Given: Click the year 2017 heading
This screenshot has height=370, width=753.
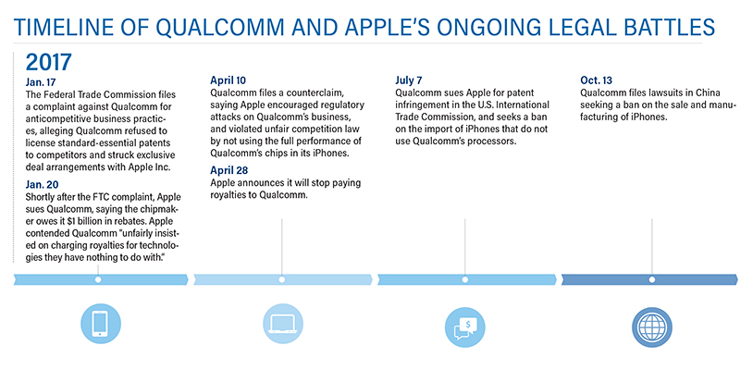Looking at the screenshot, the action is coord(48,62).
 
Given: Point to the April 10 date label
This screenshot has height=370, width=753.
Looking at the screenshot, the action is coord(228,80).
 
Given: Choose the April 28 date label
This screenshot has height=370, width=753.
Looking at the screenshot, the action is coord(229,171).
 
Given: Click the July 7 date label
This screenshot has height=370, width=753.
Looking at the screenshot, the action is coord(409,80).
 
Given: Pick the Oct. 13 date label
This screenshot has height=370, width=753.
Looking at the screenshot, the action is coord(596,80).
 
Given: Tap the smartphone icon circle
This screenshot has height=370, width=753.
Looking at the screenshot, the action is coord(101,324).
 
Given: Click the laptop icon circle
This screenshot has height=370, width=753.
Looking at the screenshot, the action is coord(283,324).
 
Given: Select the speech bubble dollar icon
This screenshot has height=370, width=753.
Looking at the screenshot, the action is coord(465,327).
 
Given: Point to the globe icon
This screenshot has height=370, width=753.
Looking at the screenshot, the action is coord(651,327).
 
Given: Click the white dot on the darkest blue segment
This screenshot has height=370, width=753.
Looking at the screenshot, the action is coord(651,279).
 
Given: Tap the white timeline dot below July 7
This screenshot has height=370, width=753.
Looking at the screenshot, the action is coord(465,279).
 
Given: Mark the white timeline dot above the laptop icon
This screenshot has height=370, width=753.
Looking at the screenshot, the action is coord(281,279).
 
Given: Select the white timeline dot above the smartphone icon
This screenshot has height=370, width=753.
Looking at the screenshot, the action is coord(98,279).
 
